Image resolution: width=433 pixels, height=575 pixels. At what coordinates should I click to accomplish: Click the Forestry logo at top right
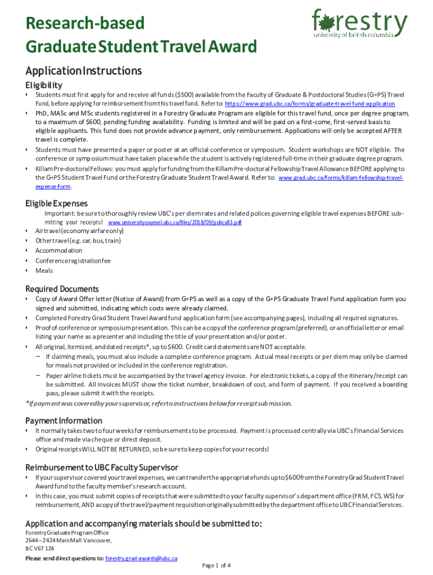[359, 23]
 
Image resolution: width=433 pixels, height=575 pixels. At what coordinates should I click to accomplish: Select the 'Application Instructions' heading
[83, 71]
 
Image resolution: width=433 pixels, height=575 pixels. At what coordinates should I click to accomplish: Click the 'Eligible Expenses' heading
[56, 203]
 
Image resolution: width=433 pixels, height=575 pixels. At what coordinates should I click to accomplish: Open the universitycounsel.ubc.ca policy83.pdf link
[174, 222]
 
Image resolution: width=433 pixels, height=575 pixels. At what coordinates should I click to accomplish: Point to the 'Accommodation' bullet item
[58, 250]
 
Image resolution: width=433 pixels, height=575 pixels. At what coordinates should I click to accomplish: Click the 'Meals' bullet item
[44, 271]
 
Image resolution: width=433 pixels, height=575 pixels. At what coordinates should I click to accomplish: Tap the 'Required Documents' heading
[62, 289]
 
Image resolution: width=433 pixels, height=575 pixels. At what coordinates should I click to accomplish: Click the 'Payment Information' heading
[64, 421]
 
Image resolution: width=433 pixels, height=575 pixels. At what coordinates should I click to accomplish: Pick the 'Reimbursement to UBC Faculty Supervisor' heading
[102, 467]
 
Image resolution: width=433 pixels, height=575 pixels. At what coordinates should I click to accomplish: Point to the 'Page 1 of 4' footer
[216, 565]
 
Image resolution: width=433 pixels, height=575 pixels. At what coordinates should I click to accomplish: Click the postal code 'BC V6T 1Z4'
[40, 548]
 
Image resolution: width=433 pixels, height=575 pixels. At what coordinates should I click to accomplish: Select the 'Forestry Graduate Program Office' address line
[67, 532]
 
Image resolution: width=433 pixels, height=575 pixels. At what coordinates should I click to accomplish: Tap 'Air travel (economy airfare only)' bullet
[79, 231]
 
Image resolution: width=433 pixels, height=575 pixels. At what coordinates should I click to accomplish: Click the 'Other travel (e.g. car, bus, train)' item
[78, 240]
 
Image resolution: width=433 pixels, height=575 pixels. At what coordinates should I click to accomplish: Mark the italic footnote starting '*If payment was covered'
[159, 403]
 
